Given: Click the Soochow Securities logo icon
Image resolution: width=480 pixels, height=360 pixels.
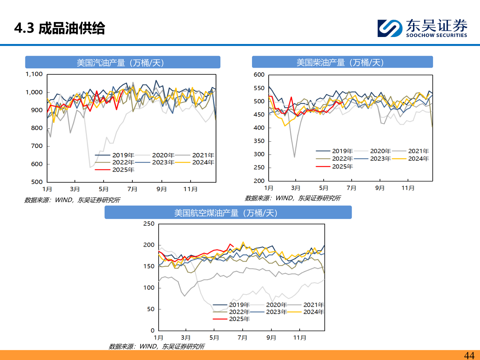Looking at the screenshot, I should (390, 28).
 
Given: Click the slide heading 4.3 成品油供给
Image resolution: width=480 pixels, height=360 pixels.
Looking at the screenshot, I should (60, 28).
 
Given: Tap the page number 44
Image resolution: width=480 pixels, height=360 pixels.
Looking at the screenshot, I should (469, 355).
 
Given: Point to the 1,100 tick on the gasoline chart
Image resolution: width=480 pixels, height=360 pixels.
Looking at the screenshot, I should (34, 74).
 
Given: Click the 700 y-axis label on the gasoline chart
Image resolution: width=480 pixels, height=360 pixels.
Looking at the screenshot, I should (37, 146).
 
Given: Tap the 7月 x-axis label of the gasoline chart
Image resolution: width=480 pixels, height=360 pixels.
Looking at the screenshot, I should (132, 189).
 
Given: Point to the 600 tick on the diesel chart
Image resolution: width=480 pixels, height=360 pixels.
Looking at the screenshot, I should (259, 75).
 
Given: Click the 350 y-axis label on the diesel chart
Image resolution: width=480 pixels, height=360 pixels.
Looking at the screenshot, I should (259, 141).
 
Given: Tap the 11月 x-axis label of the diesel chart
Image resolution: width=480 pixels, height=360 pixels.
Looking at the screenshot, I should (408, 188).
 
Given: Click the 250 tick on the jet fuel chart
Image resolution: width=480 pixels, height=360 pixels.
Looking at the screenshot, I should (149, 224).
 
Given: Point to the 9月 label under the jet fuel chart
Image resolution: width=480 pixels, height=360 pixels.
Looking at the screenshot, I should (271, 337).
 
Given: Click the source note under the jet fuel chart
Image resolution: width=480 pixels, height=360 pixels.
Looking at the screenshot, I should (157, 346).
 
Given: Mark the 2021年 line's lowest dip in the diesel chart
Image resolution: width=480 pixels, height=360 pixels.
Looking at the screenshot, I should (294, 157).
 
